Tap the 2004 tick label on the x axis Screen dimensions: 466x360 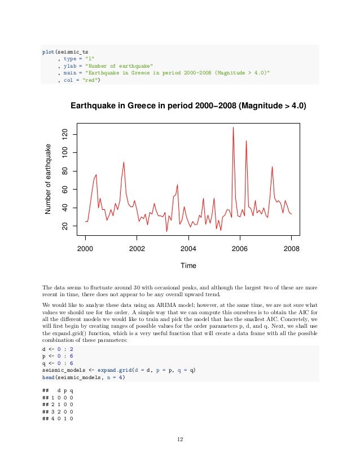[188, 248]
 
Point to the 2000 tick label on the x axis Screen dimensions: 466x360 [85, 248]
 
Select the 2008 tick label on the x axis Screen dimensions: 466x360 [292, 248]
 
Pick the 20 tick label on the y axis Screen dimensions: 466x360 [65, 226]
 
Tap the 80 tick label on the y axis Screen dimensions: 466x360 [65, 171]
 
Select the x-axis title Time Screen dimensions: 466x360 [188, 265]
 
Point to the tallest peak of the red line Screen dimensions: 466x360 [233, 128]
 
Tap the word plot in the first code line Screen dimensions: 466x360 [49, 51]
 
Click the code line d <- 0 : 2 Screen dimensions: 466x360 [56, 349]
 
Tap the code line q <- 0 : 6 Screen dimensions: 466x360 [56, 363]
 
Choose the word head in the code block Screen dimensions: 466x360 [49, 377]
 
